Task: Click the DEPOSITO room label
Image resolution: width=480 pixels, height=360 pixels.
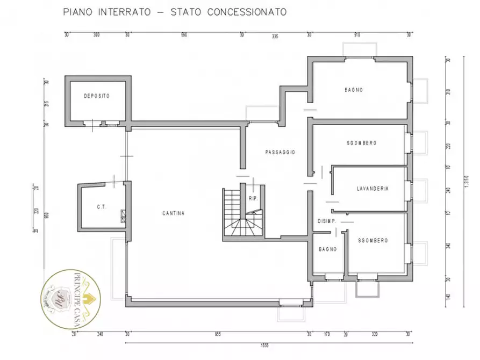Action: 97,96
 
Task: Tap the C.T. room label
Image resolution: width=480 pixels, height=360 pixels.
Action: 101,206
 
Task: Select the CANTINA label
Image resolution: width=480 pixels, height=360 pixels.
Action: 174,213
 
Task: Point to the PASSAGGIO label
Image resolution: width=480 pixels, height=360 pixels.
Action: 280,152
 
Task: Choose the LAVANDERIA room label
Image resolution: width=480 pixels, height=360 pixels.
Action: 372,189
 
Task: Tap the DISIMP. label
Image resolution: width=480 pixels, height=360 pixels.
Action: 327,221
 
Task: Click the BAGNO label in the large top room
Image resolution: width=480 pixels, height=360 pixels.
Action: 354,90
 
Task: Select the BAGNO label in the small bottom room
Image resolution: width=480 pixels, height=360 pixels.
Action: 327,249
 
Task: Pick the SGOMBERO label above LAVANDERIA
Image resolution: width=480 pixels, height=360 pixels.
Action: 361,143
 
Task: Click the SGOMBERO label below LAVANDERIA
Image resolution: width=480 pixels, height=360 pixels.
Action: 373,241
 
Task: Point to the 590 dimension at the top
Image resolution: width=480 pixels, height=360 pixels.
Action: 183,35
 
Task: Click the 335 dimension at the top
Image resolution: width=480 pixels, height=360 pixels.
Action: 275,37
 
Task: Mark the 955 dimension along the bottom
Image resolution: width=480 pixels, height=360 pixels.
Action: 217,333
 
